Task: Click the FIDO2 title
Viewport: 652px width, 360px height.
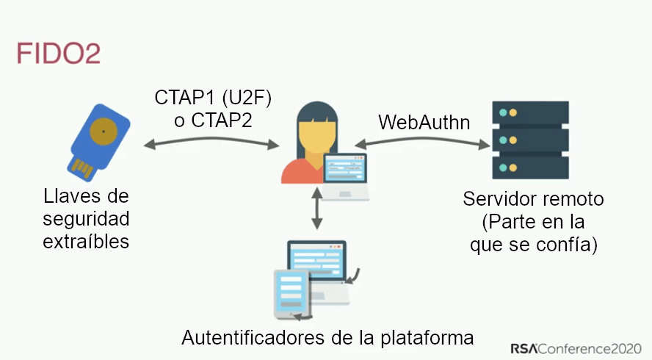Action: point(58,54)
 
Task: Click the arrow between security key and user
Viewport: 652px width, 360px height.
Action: point(209,144)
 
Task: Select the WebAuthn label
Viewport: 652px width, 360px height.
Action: point(424,120)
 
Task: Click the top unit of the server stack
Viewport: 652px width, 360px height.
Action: point(530,113)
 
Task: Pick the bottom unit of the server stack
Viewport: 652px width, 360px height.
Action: point(530,167)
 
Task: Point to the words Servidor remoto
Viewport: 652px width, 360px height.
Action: point(533,200)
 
